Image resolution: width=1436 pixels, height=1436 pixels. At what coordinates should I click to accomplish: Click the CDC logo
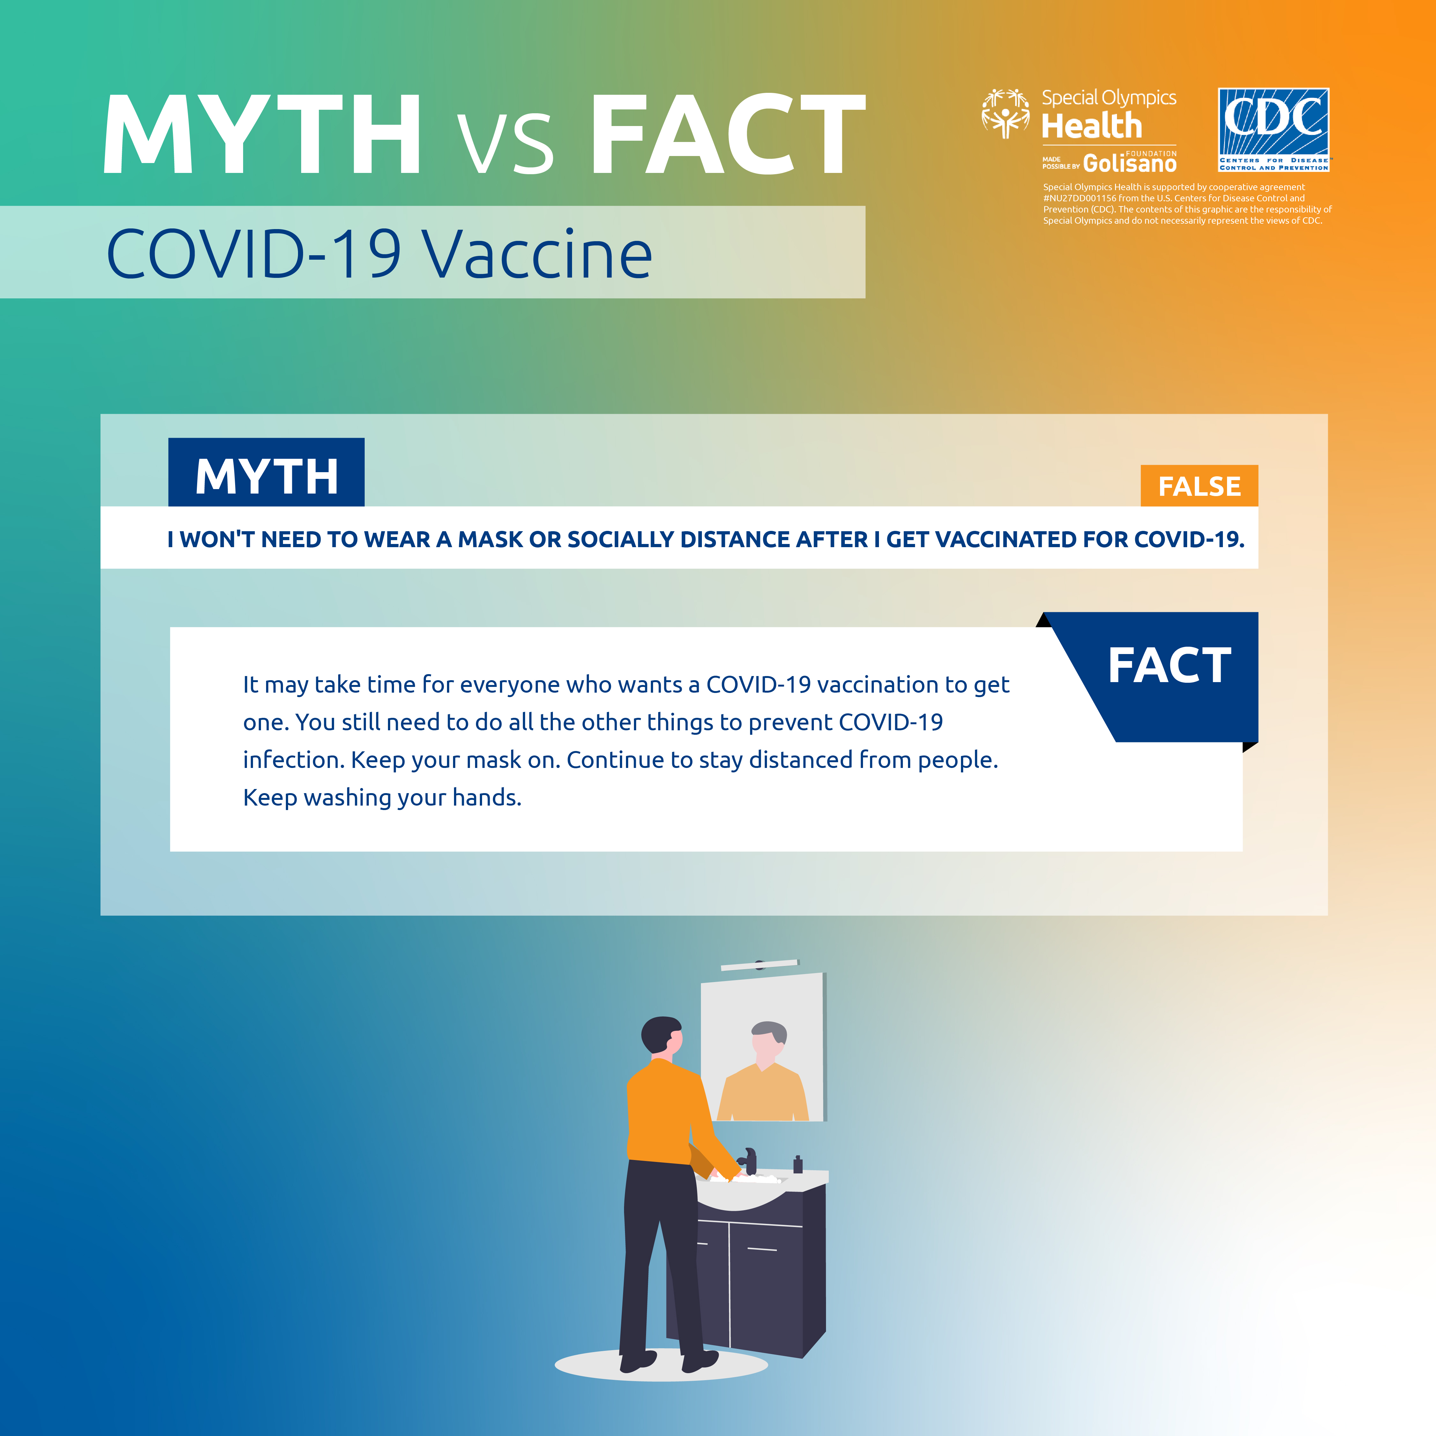click(x=1273, y=130)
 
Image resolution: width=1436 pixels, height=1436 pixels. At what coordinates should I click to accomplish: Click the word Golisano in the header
click(x=1130, y=163)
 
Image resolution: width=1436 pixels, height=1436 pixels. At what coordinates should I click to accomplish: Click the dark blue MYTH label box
click(x=266, y=473)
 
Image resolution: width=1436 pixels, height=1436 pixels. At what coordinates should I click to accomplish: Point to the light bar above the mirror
click(x=760, y=965)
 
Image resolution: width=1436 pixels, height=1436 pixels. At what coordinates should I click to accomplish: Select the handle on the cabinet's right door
click(x=762, y=1249)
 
